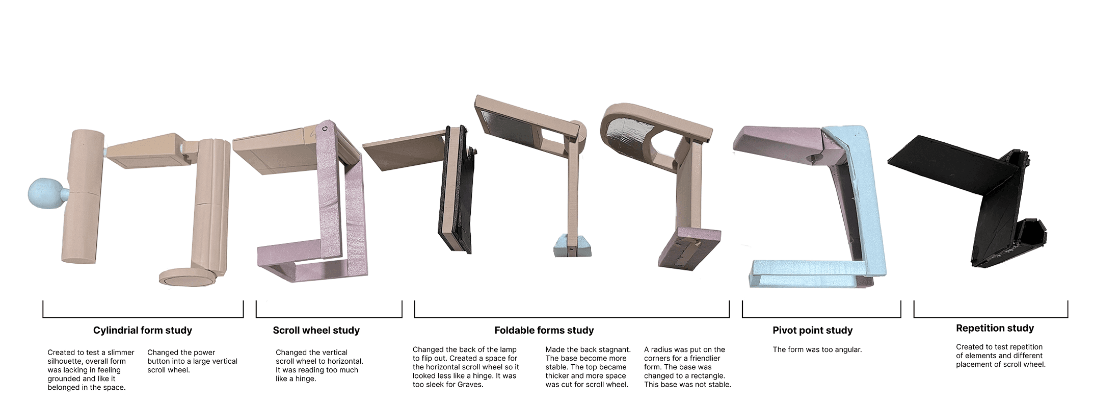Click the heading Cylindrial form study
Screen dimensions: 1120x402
[x=143, y=331]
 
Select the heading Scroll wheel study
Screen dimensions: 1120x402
[x=316, y=331]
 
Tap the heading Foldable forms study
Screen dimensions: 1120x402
[x=544, y=331]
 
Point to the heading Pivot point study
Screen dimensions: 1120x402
[x=813, y=331]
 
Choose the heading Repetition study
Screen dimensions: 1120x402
[x=995, y=329]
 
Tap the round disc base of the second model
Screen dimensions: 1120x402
[x=188, y=277]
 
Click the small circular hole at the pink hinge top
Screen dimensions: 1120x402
[x=325, y=129]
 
